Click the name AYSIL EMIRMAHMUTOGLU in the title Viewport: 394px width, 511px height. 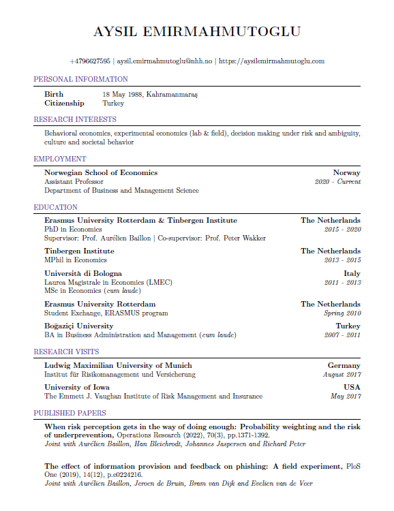196,31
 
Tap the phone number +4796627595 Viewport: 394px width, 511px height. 89,61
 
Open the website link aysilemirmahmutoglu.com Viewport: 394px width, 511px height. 271,61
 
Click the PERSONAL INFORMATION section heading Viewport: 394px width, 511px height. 80,79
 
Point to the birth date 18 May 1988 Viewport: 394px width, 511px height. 123,94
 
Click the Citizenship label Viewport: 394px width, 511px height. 64,103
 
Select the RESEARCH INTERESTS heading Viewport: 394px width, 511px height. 77,119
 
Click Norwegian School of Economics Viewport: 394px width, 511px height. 101,173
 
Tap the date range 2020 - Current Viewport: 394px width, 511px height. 337,182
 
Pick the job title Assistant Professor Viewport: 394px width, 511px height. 74,182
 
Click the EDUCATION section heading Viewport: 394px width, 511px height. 56,207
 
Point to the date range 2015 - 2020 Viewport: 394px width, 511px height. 342,230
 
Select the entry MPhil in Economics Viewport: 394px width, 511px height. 76,260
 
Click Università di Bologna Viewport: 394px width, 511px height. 83,273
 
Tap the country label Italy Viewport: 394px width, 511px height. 352,273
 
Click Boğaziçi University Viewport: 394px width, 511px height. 79,326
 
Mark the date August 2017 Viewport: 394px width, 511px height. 342,374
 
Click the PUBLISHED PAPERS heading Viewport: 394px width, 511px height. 70,413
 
